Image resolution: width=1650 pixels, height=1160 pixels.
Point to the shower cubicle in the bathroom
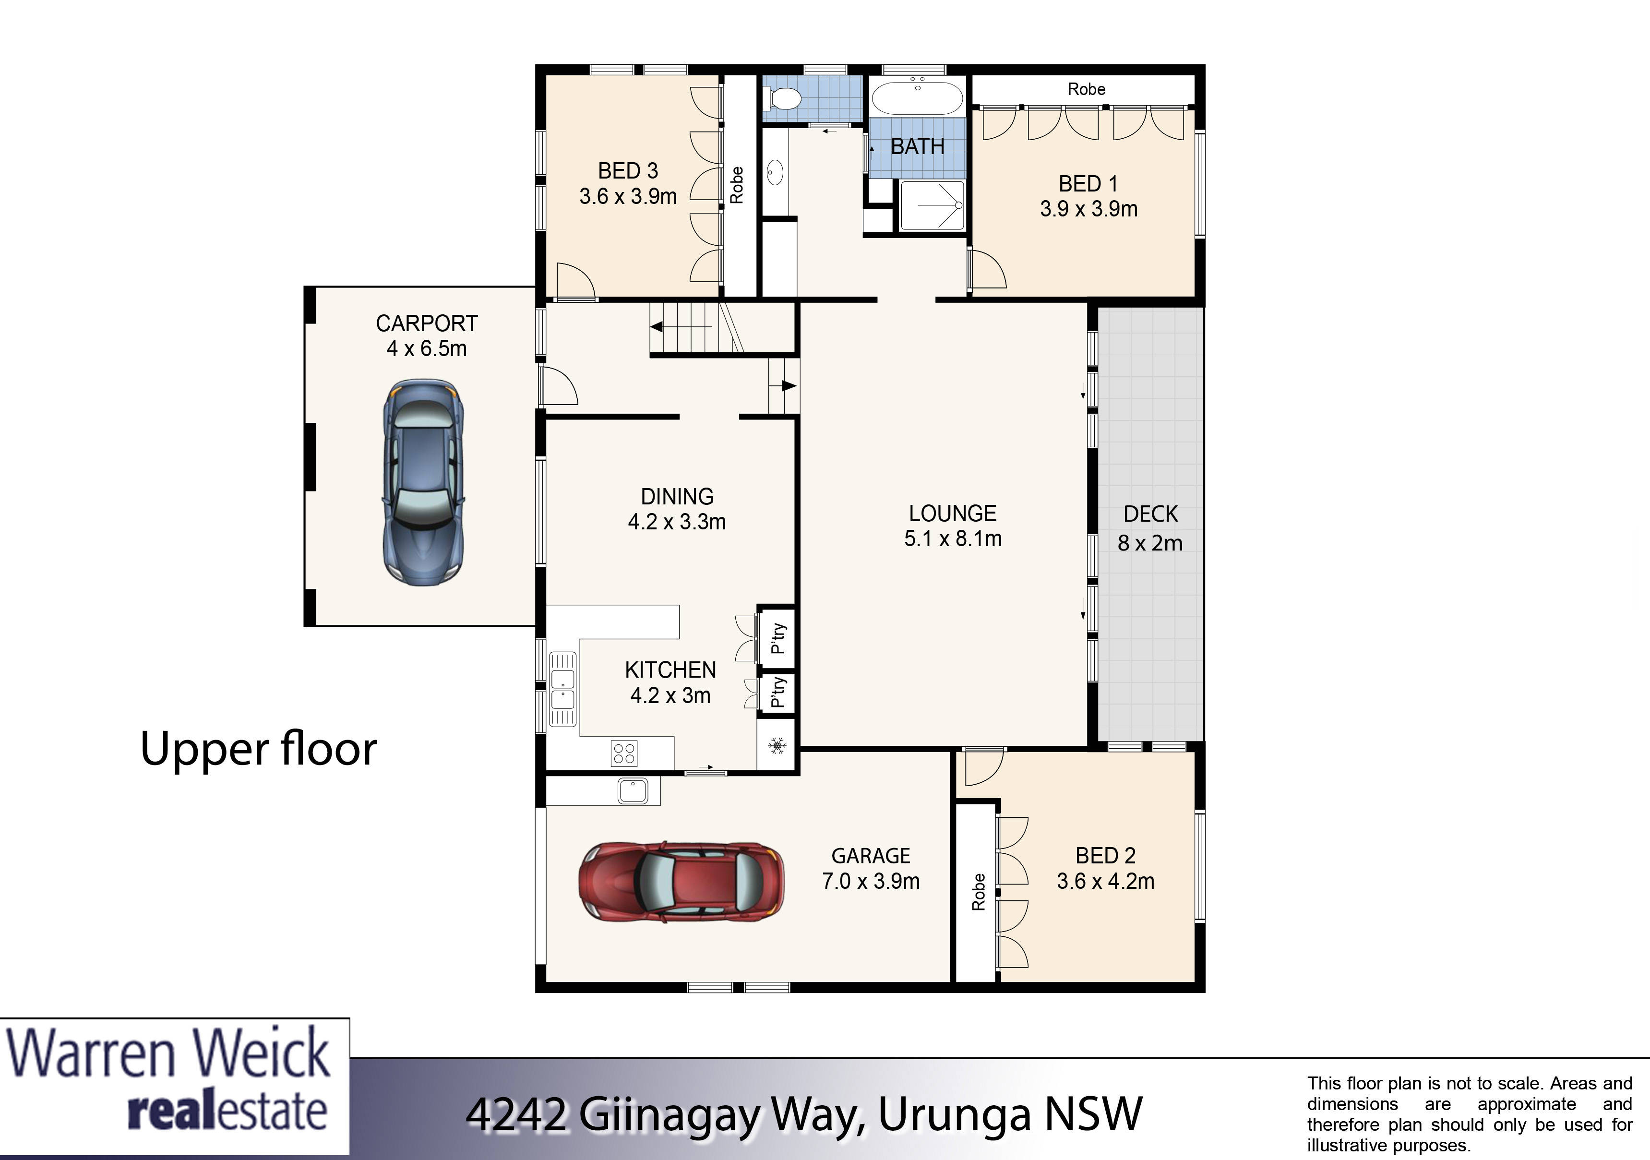pyautogui.click(x=932, y=205)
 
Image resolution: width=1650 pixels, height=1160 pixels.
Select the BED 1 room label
pyautogui.click(x=1088, y=184)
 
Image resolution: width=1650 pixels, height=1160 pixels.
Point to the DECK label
pyautogui.click(x=1150, y=514)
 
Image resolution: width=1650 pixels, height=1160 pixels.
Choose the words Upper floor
pyautogui.click(x=259, y=749)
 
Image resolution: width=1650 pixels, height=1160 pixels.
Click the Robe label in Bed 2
pyautogui.click(x=978, y=892)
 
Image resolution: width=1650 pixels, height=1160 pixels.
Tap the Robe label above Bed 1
pyautogui.click(x=1086, y=89)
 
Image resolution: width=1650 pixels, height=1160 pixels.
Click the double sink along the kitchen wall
pyautogui.click(x=562, y=689)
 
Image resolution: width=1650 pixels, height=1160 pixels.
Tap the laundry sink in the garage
pyautogui.click(x=633, y=790)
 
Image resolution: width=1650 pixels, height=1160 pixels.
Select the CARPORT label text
pyautogui.click(x=427, y=323)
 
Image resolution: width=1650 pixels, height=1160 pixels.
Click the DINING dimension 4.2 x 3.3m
pyautogui.click(x=677, y=522)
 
